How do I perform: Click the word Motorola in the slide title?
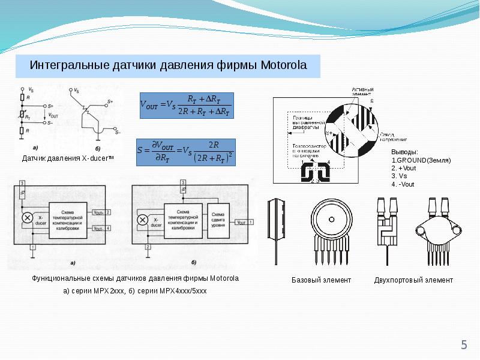tap(283, 65)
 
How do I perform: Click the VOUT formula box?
tap(186, 105)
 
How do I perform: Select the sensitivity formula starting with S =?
tap(186, 152)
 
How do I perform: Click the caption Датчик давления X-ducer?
tap(67, 158)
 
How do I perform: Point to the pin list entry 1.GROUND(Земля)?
tap(421, 161)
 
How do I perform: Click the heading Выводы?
tap(405, 152)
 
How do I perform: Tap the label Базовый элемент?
tap(321, 280)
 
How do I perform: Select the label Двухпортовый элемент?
tap(413, 280)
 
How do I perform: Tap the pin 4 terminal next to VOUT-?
tap(107, 228)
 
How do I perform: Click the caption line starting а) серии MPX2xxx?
tap(135, 291)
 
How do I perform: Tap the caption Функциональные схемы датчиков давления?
tap(135, 278)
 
